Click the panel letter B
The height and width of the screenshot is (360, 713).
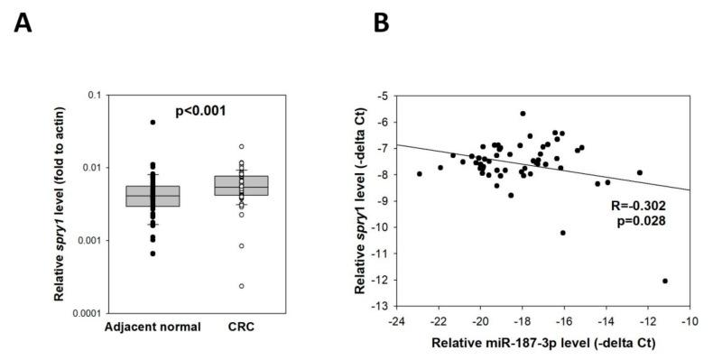382,23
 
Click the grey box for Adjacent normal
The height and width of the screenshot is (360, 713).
153,196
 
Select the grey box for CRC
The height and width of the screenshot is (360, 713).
242,186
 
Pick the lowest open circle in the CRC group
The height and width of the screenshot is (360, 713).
242,286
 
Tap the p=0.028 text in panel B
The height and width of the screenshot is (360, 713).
637,219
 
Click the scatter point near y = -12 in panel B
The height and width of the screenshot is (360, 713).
665,281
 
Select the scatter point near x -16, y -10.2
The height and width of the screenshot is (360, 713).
563,233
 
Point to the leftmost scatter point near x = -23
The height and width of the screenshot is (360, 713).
420,173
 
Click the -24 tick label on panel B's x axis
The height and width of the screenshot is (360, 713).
395,321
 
